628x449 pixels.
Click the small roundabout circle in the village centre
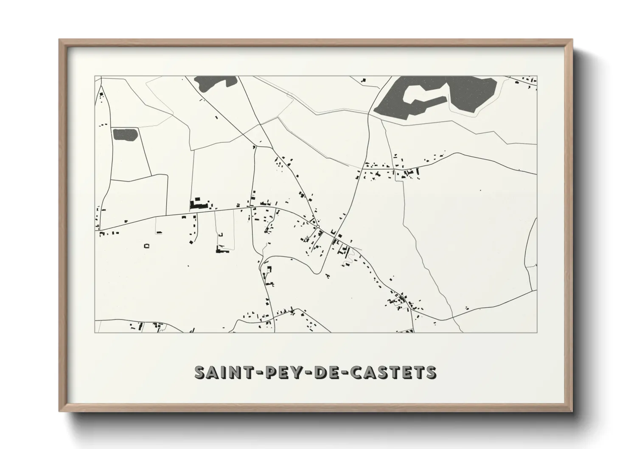[317, 227]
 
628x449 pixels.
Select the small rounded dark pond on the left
[125, 135]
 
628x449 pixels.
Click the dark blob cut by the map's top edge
[215, 81]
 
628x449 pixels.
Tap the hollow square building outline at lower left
[147, 246]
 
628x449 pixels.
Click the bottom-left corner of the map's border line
[95, 332]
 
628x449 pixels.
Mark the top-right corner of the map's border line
[537, 76]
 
